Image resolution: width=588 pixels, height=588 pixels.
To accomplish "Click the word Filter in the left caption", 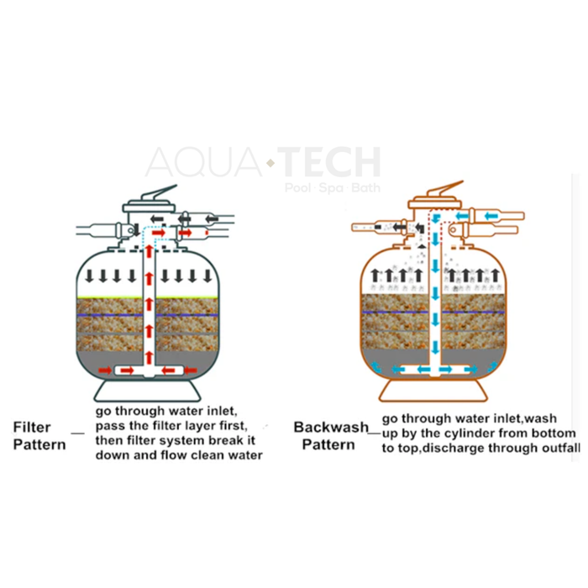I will (x=33, y=427).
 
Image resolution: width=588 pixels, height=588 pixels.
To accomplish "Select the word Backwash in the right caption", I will (x=331, y=427).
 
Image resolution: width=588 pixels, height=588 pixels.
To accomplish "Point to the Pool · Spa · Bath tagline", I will (x=332, y=188).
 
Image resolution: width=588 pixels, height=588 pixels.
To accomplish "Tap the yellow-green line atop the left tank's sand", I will (x=109, y=298).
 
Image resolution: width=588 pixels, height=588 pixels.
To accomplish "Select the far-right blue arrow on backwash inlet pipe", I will (x=496, y=216).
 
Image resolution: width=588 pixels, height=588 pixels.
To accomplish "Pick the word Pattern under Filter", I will (x=39, y=444).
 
